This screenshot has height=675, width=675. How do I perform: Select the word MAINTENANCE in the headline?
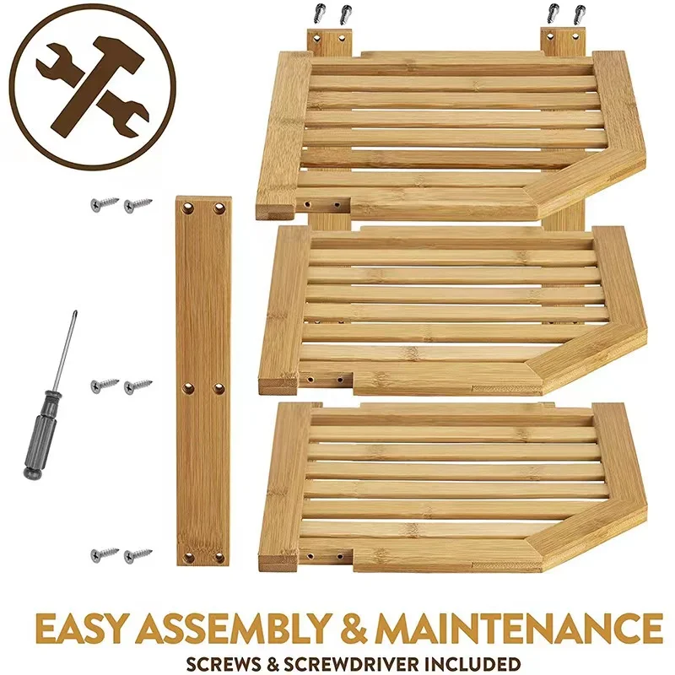coord(521,629)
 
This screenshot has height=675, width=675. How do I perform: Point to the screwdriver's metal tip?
coord(73,314)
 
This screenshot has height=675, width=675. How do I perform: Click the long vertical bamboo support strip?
coord(203,380)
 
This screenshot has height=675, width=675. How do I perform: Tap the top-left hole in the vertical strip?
coord(188,206)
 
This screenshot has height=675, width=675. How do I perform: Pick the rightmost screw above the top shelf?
coord(578,14)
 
